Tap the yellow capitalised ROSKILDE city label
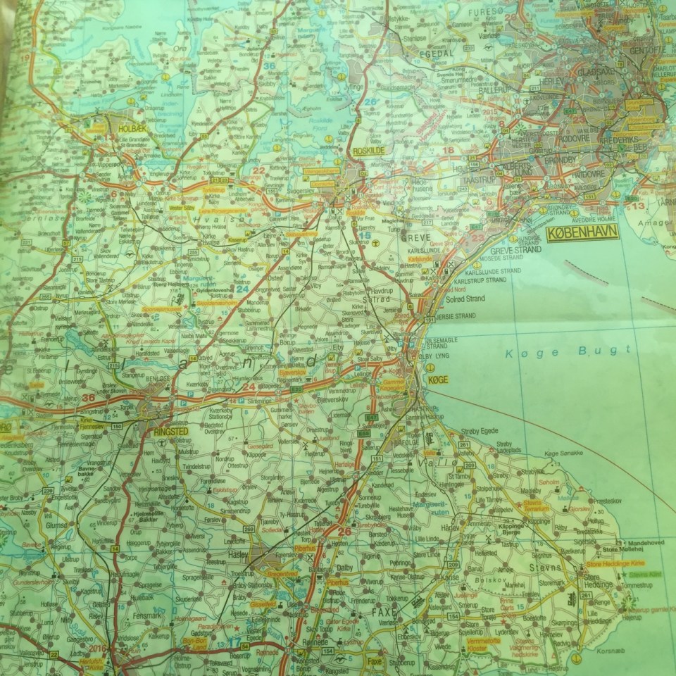click(365, 150)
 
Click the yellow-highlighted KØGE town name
click(437, 380)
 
